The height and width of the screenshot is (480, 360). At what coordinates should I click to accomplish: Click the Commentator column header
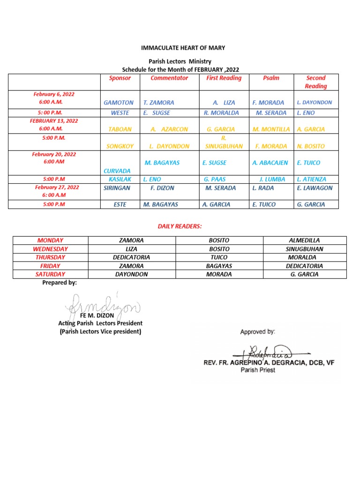pyautogui.click(x=169, y=78)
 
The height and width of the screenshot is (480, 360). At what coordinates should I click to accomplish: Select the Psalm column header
pyautogui.click(x=271, y=78)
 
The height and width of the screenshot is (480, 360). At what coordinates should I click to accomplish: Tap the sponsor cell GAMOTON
pyautogui.click(x=119, y=102)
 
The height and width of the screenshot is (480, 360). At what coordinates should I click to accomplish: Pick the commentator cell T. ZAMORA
pyautogui.click(x=159, y=102)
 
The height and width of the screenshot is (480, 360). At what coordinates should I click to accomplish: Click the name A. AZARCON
pyautogui.click(x=169, y=129)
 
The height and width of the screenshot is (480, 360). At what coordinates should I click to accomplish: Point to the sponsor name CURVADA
pyautogui.click(x=117, y=171)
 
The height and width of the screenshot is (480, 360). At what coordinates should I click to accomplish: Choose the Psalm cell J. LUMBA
pyautogui.click(x=273, y=179)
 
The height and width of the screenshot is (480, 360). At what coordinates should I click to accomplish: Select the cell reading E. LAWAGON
pyautogui.click(x=315, y=188)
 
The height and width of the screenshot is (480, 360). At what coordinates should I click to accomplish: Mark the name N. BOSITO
pyautogui.click(x=311, y=146)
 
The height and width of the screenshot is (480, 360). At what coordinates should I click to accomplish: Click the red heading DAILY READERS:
pyautogui.click(x=180, y=226)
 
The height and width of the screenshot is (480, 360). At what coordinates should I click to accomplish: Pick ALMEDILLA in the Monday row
pyautogui.click(x=305, y=240)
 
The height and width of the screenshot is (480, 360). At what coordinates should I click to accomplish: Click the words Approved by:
pyautogui.click(x=257, y=332)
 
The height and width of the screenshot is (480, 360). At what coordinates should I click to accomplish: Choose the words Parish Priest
pyautogui.click(x=258, y=370)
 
